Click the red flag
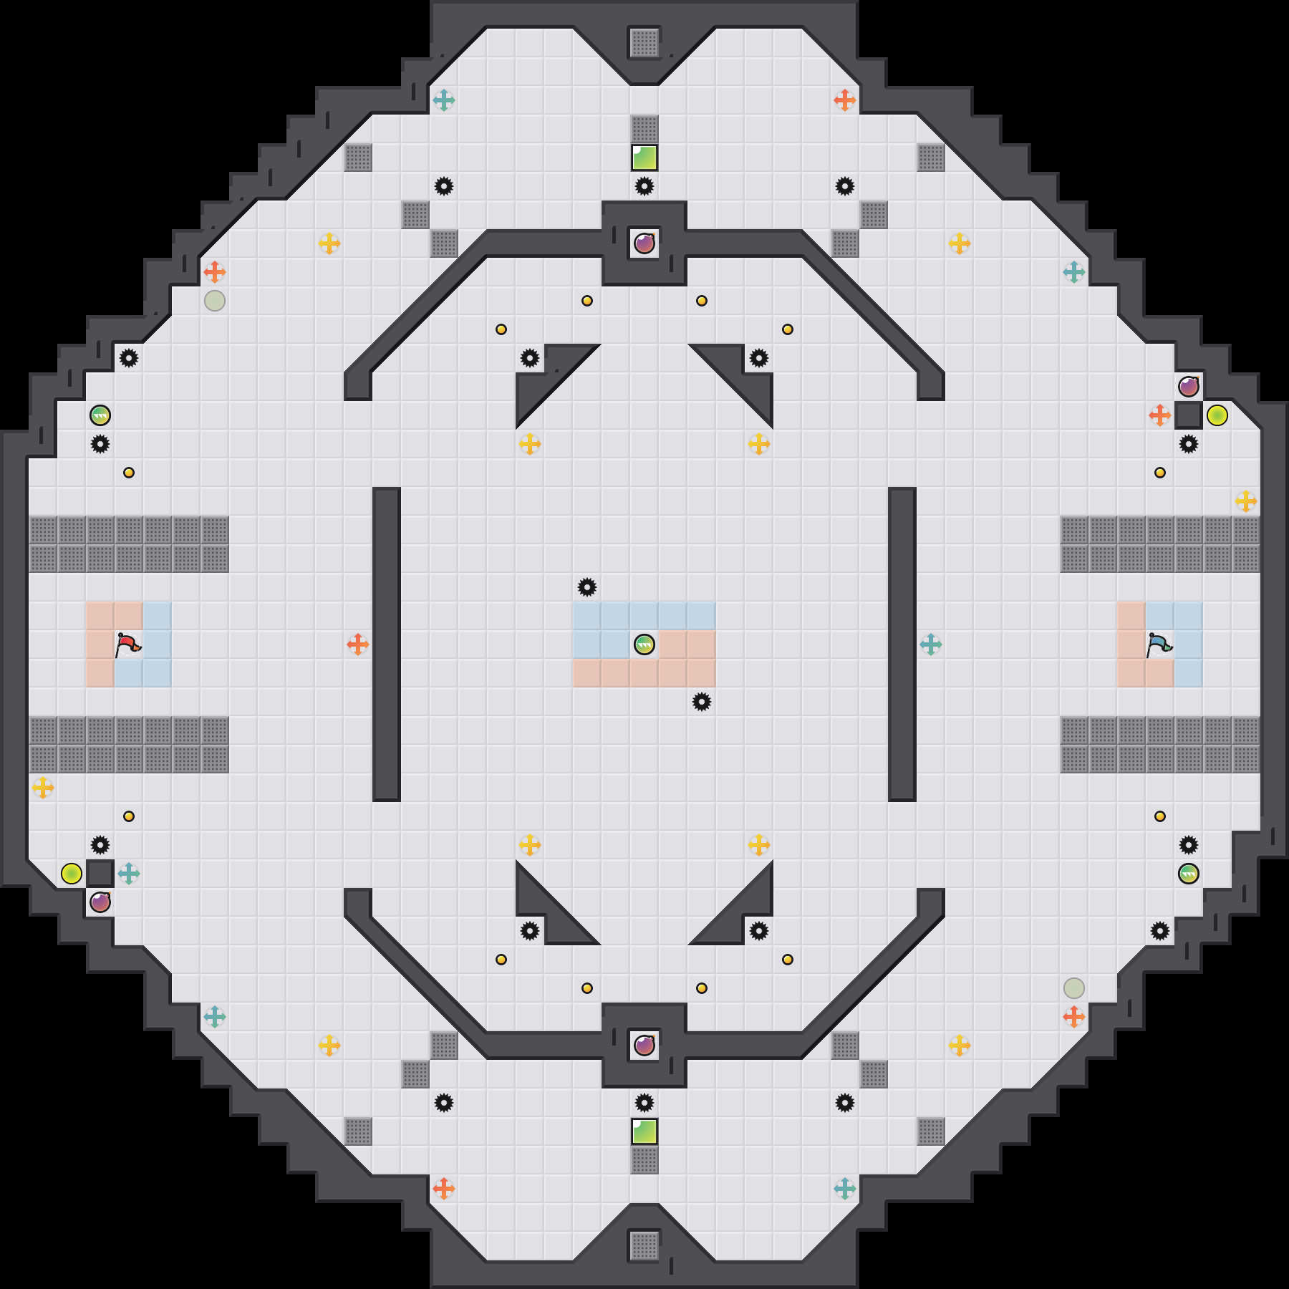(128, 644)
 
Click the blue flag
(1159, 644)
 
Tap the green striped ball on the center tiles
(644, 644)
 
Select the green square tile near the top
(644, 158)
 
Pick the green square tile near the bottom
(644, 1131)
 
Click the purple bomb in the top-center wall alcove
(644, 243)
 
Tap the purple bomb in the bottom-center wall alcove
(644, 1046)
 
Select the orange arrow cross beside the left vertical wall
(358, 644)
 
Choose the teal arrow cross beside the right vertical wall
(931, 644)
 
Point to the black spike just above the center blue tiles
(587, 587)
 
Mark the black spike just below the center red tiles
(702, 702)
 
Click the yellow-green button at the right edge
(1217, 415)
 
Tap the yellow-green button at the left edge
(72, 874)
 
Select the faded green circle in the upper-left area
(215, 301)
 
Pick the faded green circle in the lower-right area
(1074, 988)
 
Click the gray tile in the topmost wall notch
(644, 43)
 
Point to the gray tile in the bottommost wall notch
(644, 1246)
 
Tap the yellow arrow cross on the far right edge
(1246, 501)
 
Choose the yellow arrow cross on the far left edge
(43, 788)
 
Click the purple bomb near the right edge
(1189, 387)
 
